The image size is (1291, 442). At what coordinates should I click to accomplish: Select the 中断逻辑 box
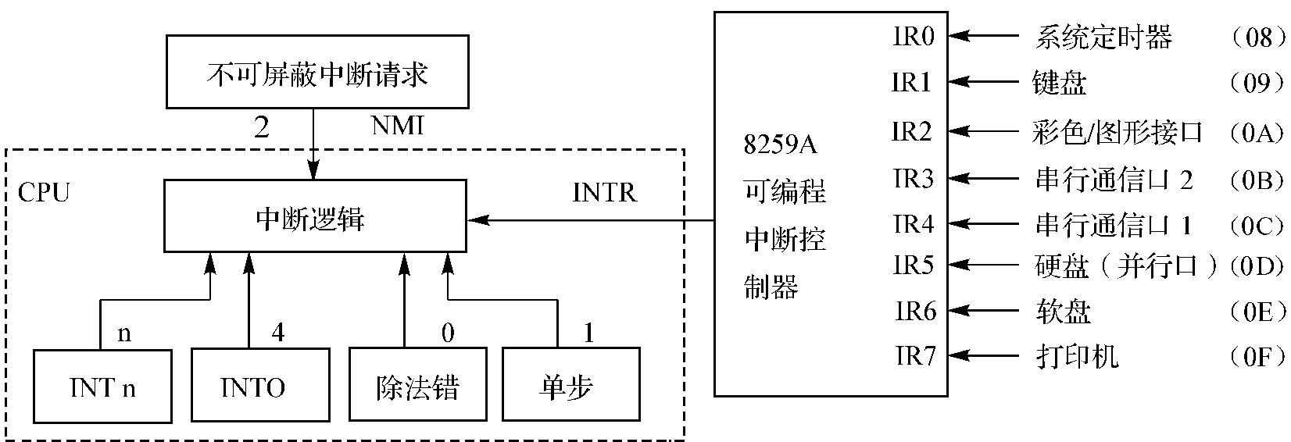pyautogui.click(x=314, y=216)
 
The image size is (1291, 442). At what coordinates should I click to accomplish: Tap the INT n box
pyautogui.click(x=102, y=386)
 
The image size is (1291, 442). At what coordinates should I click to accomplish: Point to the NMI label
pyautogui.click(x=398, y=125)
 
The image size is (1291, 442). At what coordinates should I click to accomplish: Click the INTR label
pyautogui.click(x=604, y=192)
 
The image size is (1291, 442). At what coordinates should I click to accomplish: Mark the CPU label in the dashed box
pyautogui.click(x=44, y=191)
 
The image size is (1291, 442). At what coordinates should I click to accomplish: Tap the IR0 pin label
pyautogui.click(x=914, y=36)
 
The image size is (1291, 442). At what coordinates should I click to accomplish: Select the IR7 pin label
pyautogui.click(x=915, y=356)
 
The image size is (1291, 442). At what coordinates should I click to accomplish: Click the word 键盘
pyautogui.click(x=1060, y=82)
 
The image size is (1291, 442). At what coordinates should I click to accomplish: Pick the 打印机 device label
pyautogui.click(x=1076, y=357)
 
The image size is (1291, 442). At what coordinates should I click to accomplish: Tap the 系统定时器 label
pyautogui.click(x=1103, y=37)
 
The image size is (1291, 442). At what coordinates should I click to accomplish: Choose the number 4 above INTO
pyautogui.click(x=277, y=333)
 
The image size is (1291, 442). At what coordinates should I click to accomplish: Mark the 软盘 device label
pyautogui.click(x=1062, y=312)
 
